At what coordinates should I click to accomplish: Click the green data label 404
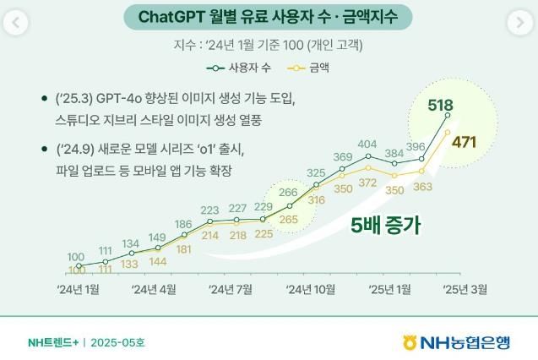[367, 145]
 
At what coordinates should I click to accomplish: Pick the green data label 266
[287, 193]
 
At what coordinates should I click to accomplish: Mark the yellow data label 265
[288, 220]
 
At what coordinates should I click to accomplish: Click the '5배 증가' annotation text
[386, 226]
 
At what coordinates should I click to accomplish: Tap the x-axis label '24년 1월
[78, 289]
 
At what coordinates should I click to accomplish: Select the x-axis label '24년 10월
[310, 289]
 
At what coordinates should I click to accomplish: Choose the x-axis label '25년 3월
[465, 289]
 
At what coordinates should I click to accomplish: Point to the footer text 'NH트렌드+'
[52, 343]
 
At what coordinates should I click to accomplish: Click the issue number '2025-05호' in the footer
[117, 343]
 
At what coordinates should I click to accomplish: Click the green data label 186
[183, 224]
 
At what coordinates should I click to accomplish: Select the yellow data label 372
[367, 183]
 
